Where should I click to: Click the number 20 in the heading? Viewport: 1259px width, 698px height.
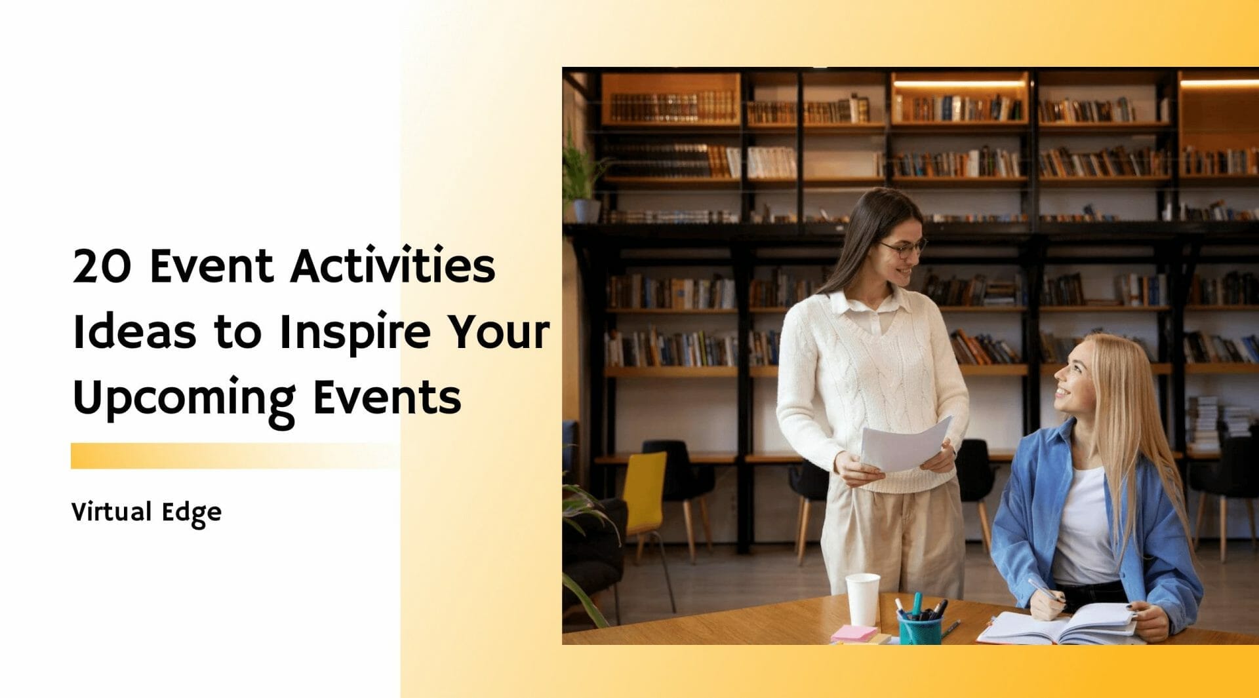tap(101, 266)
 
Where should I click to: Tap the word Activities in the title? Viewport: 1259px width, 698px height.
tap(393, 266)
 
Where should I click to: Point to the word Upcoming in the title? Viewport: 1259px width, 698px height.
tap(184, 398)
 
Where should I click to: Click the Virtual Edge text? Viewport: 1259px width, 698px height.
tap(146, 513)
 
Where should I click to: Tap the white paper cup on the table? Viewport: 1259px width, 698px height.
tap(862, 598)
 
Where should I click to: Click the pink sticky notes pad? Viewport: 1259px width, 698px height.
tap(854, 633)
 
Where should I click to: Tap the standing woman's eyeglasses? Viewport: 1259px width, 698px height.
tap(905, 248)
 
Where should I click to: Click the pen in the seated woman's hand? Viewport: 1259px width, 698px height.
tap(1043, 589)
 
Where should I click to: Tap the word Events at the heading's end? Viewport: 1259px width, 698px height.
tap(387, 398)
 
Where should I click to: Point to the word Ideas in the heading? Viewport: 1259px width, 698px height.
tap(134, 333)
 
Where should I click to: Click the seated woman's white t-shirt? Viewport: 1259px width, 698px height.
tap(1085, 531)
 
